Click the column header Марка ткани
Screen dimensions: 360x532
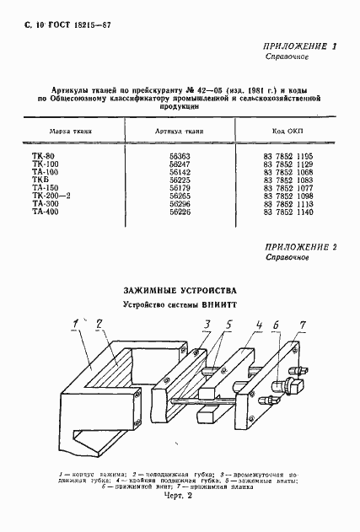(x=71, y=132)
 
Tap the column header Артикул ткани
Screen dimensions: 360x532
(x=180, y=132)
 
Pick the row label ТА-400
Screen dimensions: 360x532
(x=45, y=212)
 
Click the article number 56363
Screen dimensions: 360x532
(x=180, y=157)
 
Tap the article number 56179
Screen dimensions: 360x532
(x=180, y=188)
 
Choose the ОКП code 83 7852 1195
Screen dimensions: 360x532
(x=287, y=157)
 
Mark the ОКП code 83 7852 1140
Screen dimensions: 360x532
(x=287, y=212)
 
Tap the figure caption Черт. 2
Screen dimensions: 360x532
(x=179, y=520)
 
